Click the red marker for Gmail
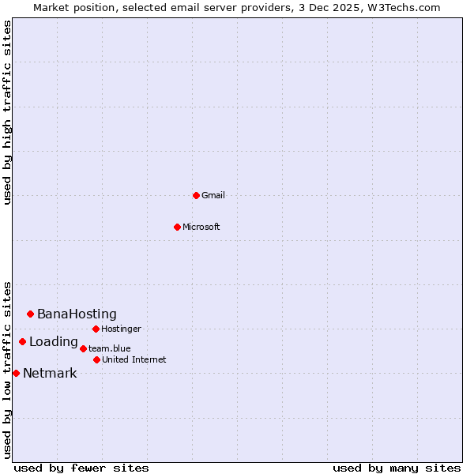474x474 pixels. pos(196,195)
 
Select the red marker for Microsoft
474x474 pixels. pos(177,227)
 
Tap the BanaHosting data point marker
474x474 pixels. pos(30,314)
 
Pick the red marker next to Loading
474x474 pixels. pos(22,341)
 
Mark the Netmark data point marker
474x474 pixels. pos(16,373)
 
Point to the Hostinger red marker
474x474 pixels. pos(96,329)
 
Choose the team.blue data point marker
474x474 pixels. pos(83,348)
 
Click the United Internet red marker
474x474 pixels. pos(96,359)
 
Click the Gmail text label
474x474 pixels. pos(213,195)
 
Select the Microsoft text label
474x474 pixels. pos(201,227)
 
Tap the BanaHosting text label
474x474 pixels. pos(77,314)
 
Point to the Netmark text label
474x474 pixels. pos(50,374)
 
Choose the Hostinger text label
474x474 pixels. pos(121,329)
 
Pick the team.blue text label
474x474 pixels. pos(110,348)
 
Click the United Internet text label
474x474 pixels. pos(134,359)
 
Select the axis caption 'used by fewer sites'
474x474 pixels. pos(81,468)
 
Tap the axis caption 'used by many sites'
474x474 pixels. pos(397,468)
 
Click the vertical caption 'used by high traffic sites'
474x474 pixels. pos(7,112)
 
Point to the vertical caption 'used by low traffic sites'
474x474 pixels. pos(7,369)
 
